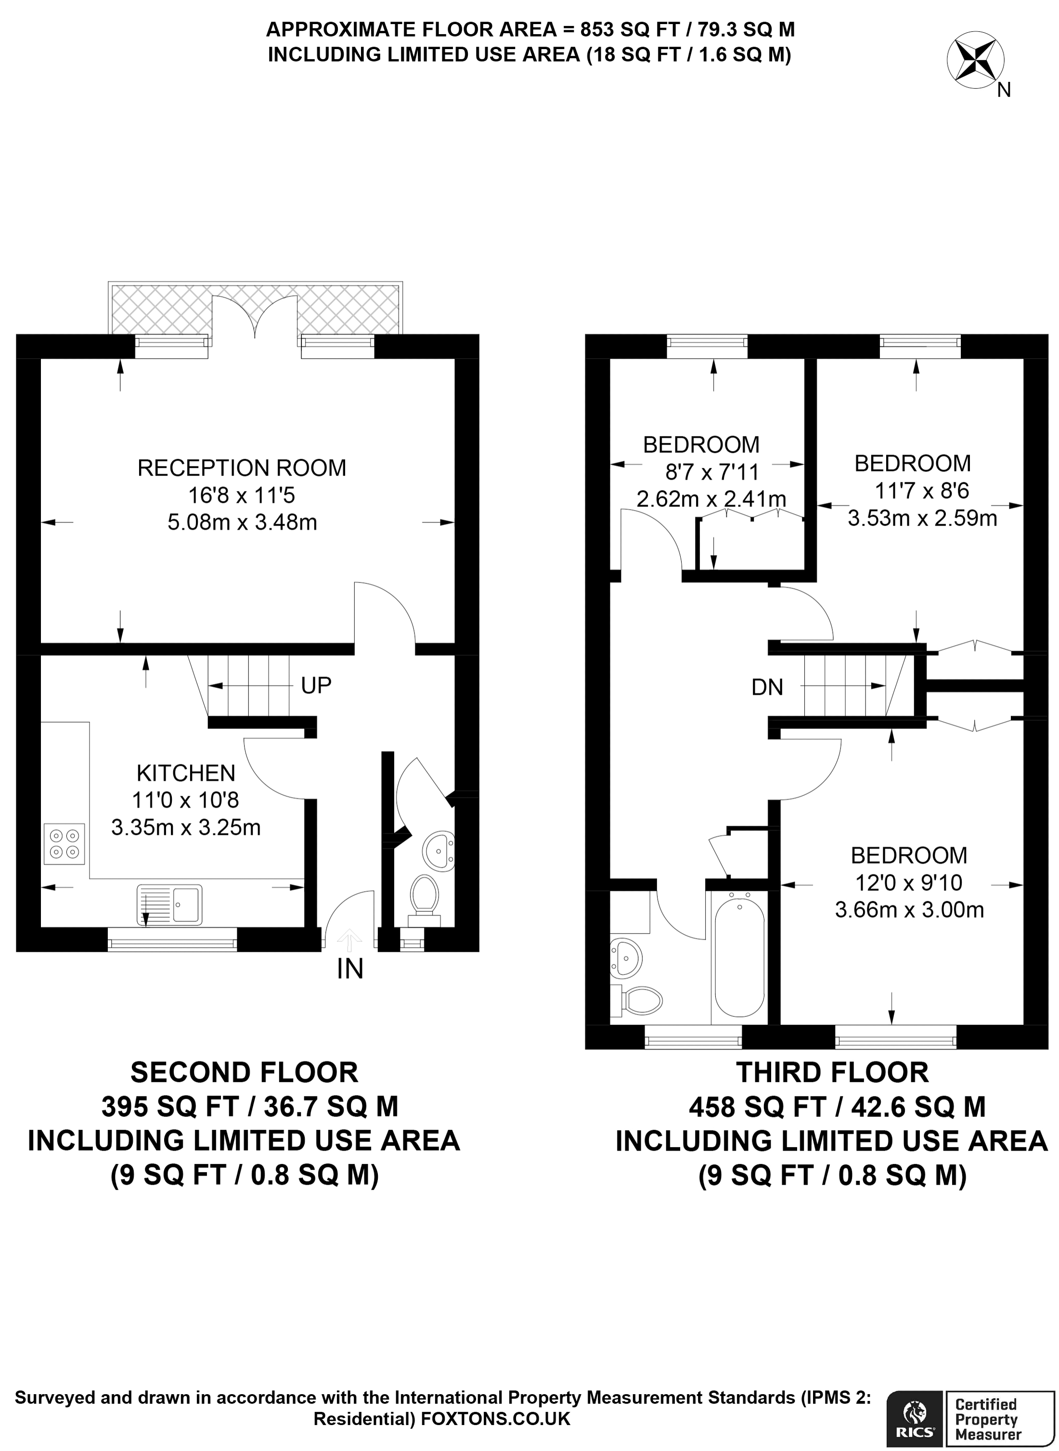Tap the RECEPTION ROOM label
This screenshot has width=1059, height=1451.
[x=242, y=468]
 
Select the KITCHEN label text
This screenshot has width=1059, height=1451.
[x=186, y=773]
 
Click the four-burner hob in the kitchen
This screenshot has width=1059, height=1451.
[x=64, y=844]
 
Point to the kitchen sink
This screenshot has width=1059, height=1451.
[x=169, y=905]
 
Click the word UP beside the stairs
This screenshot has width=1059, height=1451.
[x=316, y=686]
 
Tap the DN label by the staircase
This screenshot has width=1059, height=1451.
[x=767, y=687]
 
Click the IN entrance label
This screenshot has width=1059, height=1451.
[x=350, y=969]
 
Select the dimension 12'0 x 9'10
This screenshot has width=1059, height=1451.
[x=908, y=883]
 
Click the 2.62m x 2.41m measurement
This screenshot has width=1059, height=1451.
[x=711, y=498]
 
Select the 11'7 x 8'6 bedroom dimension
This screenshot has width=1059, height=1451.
[x=922, y=491]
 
